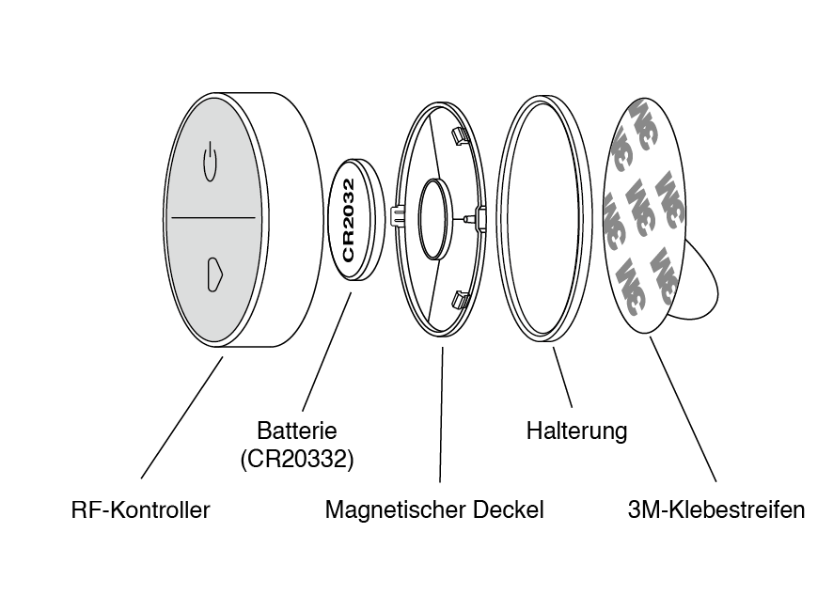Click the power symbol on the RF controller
210,162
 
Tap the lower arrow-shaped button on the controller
214,275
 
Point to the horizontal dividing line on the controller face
212,218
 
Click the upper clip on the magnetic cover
460,136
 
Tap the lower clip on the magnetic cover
461,300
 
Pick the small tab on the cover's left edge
397,216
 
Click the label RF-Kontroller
141,510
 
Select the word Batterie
296,431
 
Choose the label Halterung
576,431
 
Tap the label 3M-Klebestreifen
716,510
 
